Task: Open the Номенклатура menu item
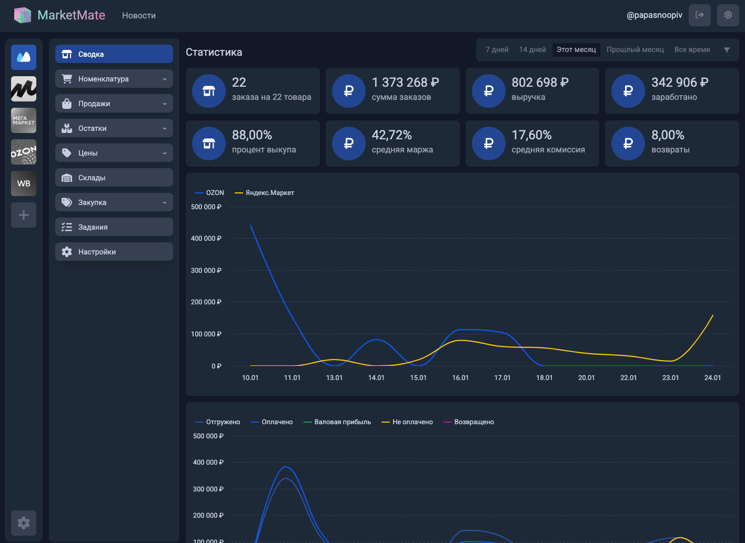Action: coord(114,79)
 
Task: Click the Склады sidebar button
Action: coord(114,178)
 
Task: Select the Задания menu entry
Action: coord(114,227)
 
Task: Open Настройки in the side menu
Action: coord(114,252)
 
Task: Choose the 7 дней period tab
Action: coord(497,49)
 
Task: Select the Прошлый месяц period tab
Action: coord(635,49)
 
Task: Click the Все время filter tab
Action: coord(692,49)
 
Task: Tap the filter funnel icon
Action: coord(727,50)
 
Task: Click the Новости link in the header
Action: coord(139,15)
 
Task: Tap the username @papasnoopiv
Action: coord(654,15)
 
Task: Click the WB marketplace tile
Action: coord(24,183)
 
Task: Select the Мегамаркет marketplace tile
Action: coord(24,120)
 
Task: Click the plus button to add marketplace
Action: coord(24,215)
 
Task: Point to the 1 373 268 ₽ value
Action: coord(406,82)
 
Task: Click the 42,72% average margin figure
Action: coord(391,135)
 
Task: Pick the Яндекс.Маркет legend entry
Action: coord(265,193)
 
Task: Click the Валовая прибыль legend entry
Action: coord(337,422)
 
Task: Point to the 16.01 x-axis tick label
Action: coord(460,377)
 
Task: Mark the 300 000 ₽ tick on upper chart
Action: coord(206,270)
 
